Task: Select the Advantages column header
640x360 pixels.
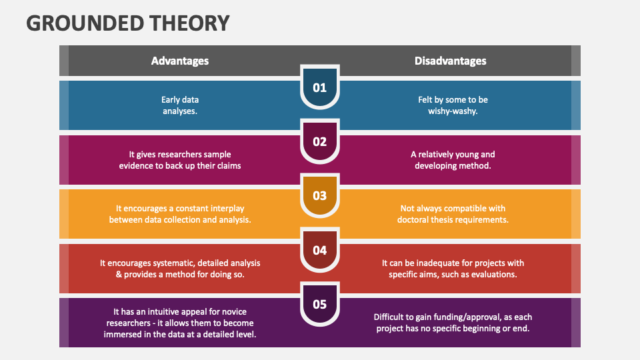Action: pyautogui.click(x=180, y=61)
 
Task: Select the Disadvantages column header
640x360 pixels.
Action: pyautogui.click(x=450, y=61)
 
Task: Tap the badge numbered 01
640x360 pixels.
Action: pyautogui.click(x=320, y=87)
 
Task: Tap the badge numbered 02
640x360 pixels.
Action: pyautogui.click(x=320, y=141)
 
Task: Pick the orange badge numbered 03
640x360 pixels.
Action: pyautogui.click(x=320, y=195)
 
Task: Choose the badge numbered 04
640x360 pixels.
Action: pyautogui.click(x=320, y=250)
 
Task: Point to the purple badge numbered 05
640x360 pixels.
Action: pyautogui.click(x=320, y=304)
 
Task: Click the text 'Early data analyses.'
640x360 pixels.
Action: pyautogui.click(x=180, y=105)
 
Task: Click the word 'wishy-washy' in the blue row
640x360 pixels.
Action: pyautogui.click(x=452, y=111)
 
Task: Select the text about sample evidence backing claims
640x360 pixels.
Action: pyautogui.click(x=180, y=160)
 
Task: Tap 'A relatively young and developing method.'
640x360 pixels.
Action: pyautogui.click(x=453, y=160)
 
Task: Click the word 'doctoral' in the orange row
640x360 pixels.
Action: pyautogui.click(x=417, y=219)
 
